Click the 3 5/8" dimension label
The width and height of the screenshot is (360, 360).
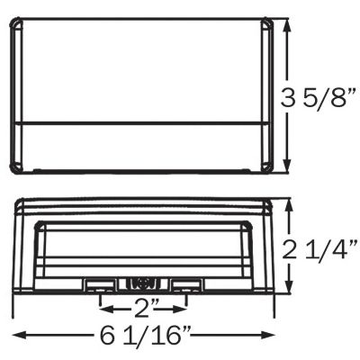tap(319, 98)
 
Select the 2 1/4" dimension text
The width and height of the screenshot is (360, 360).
tap(320, 249)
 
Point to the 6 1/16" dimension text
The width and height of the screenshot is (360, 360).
tap(146, 336)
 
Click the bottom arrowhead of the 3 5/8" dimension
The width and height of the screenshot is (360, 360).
tap(288, 165)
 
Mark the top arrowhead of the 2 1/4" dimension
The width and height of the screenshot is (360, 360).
tap(289, 208)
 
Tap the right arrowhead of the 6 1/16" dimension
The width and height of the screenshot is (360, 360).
tap(267, 335)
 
